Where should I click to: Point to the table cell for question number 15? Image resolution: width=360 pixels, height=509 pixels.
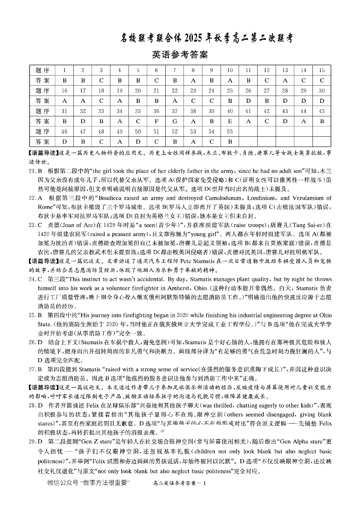(322, 70)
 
